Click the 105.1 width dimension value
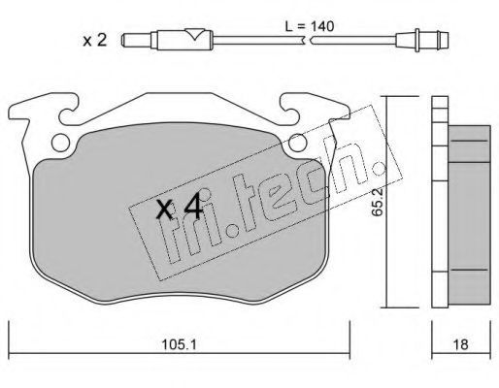pos(179,344)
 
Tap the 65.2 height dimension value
pos(378,202)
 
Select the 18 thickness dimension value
pos(461,344)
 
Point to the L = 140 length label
pos(309,26)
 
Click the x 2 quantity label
pos(94,41)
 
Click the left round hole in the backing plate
pos(60,143)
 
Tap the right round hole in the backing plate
pos(298,143)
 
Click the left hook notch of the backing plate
pos(69,113)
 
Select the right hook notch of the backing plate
pos(290,113)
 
